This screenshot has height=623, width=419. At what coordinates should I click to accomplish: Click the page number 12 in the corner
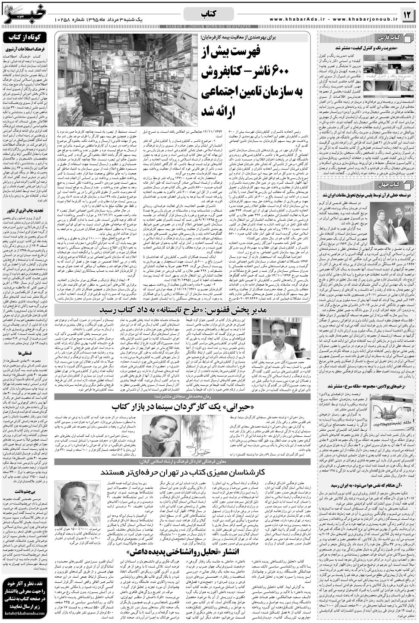[408, 15]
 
